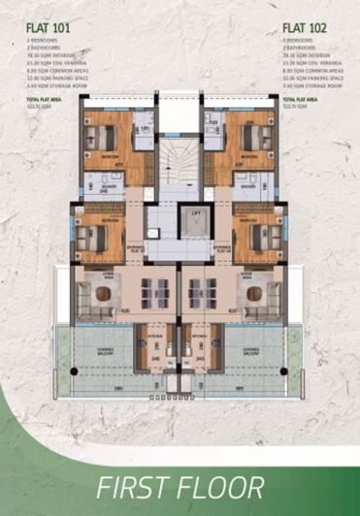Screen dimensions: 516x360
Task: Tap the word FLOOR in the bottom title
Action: click(221, 487)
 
